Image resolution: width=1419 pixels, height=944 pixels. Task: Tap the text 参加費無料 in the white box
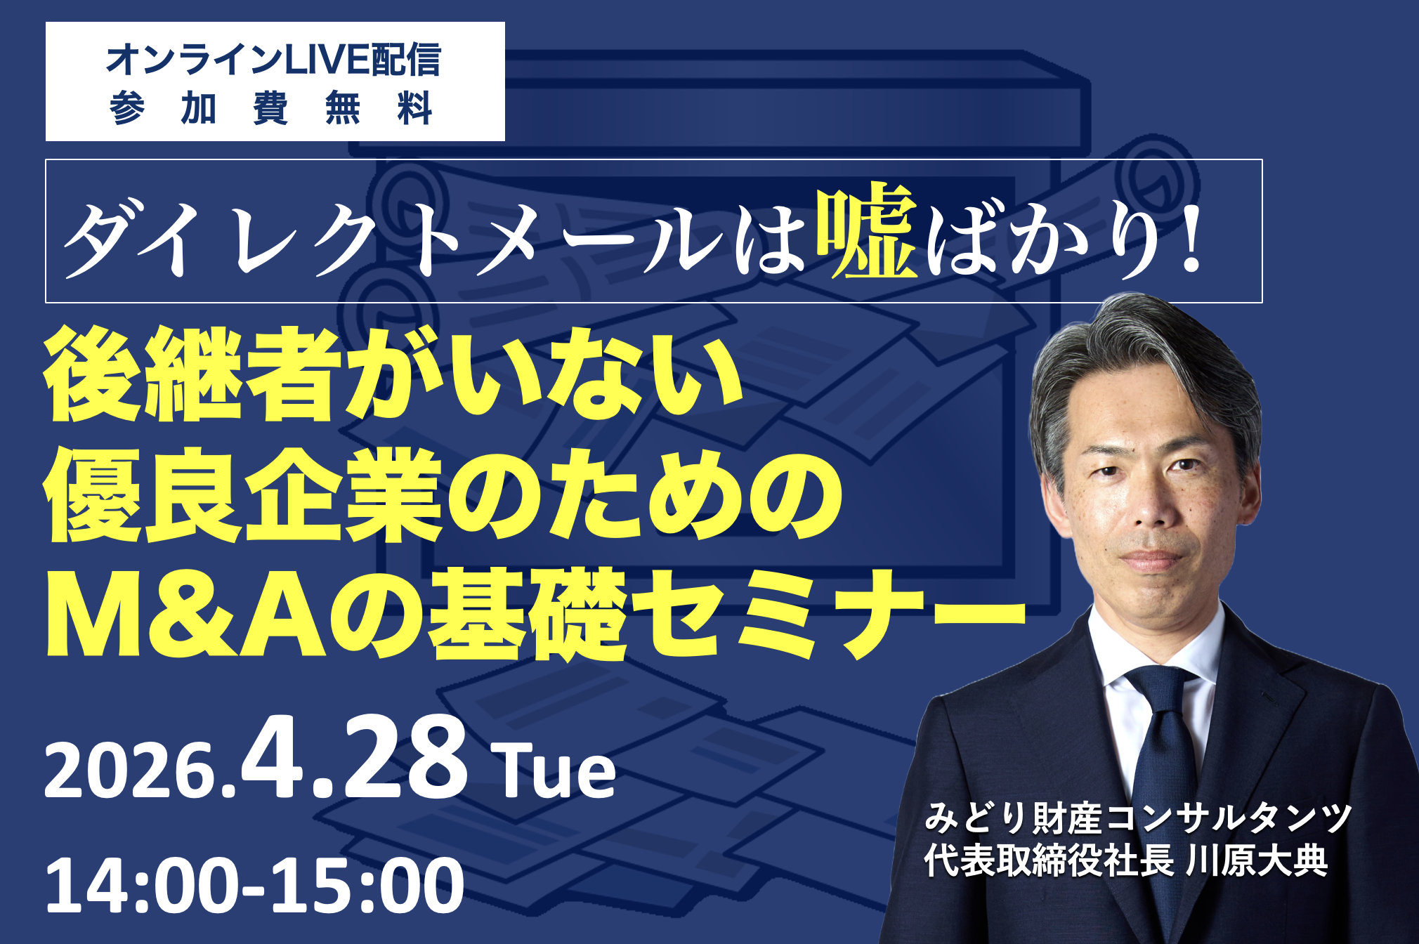[x=271, y=108]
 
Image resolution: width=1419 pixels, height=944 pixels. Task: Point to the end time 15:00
[x=366, y=886]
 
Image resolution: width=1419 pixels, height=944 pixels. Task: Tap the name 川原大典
[x=1257, y=860]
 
